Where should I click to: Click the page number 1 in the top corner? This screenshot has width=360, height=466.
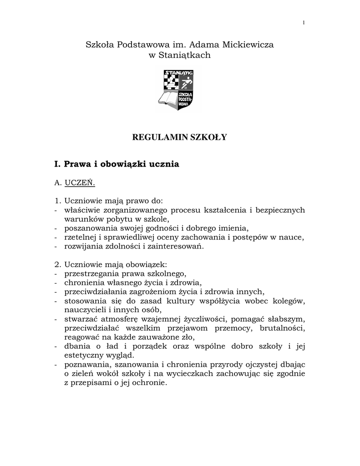304,24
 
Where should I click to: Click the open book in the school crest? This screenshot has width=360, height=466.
168,97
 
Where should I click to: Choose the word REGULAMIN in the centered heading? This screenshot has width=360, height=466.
158,137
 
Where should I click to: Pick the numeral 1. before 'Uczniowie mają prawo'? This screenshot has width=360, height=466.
57,200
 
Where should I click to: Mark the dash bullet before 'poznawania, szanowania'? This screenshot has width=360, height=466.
56,365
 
